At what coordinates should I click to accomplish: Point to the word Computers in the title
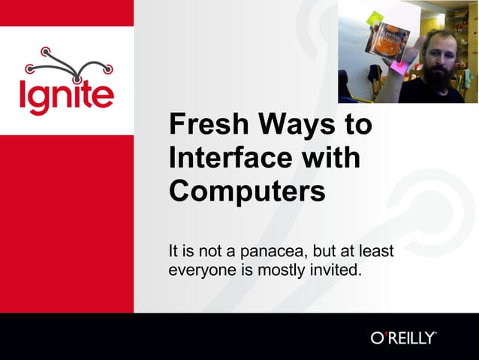pyautogui.click(x=247, y=191)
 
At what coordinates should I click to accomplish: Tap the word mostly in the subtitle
pyautogui.click(x=281, y=269)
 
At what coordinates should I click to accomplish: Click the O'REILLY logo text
pyautogui.click(x=403, y=337)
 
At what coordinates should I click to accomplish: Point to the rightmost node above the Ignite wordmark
pyautogui.click(x=108, y=69)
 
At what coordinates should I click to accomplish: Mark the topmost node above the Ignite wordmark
pyautogui.click(x=45, y=52)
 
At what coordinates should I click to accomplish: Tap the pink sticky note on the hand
pyautogui.click(x=399, y=68)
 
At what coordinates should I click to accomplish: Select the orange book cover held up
pyautogui.click(x=387, y=41)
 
